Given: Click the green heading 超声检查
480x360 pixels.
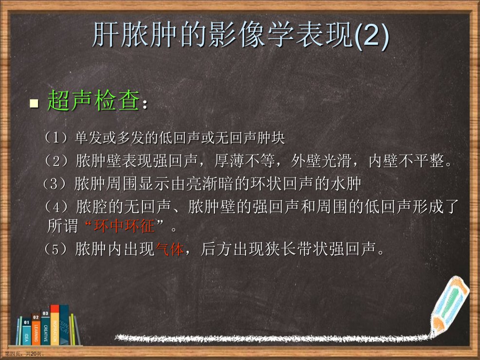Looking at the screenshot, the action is point(94,100).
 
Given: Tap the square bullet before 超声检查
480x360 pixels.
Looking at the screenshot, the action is point(34,103).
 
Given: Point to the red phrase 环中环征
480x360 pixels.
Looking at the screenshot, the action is point(124,226).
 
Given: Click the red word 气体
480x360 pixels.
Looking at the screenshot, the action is point(170,249).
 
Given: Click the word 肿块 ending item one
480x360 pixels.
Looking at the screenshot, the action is point(271,138).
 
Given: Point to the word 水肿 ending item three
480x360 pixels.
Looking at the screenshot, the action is point(347,184).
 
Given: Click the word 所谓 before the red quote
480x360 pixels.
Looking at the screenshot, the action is point(63,226).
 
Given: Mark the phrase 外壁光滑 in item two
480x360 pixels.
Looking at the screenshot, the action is point(321,161).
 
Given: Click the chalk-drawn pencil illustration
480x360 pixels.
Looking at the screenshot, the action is point(449,306).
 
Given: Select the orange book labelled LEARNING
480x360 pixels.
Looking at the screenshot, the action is point(36,328).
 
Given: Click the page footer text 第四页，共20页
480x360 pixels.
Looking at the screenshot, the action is point(24,354).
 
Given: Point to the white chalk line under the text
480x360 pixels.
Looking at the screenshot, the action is point(272,338).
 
